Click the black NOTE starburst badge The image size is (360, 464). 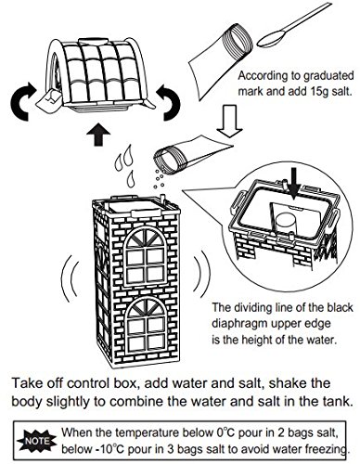click(x=37, y=441)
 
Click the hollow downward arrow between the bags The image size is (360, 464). click(x=229, y=121)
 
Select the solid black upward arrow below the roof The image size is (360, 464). click(x=98, y=136)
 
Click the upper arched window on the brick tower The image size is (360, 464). click(x=147, y=257)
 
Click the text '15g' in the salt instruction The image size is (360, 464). click(x=318, y=92)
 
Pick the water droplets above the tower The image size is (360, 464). click(x=124, y=166)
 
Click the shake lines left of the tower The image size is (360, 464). click(x=70, y=278)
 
